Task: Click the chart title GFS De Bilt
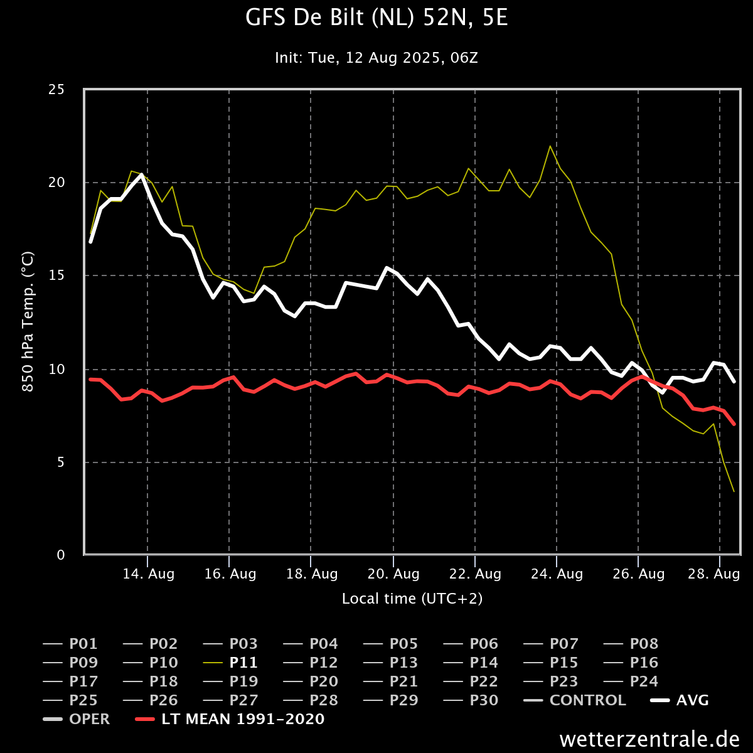point(376,19)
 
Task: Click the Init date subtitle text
point(376,58)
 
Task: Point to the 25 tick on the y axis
point(56,90)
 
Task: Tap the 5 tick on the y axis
point(60,462)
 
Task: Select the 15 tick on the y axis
point(56,275)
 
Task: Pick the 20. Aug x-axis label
point(393,574)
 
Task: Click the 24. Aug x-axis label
point(557,574)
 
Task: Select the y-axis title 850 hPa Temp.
point(28,322)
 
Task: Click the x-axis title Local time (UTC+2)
point(412,599)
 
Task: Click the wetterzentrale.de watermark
point(649,739)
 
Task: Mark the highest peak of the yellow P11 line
point(550,146)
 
